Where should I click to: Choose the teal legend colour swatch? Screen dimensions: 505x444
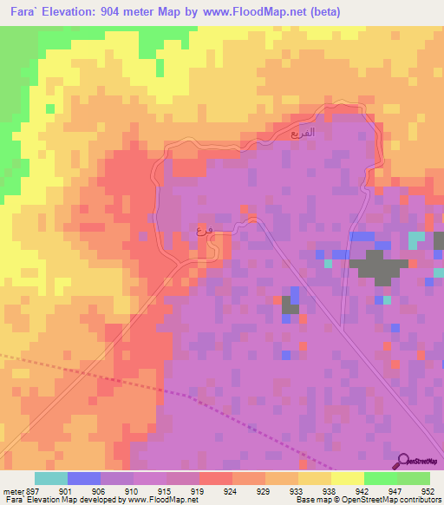(x=50, y=478)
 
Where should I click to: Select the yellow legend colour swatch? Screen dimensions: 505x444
(x=347, y=478)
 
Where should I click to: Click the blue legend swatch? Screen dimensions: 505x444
(x=83, y=478)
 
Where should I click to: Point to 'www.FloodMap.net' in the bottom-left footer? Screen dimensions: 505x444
(x=161, y=500)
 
